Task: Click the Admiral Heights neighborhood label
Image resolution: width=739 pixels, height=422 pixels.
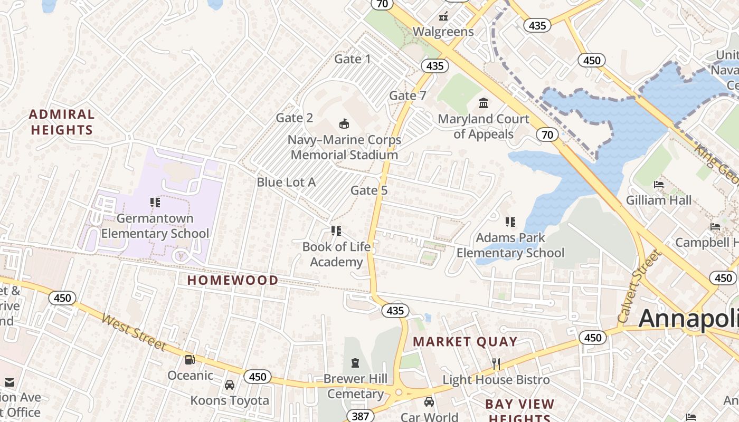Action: (62, 122)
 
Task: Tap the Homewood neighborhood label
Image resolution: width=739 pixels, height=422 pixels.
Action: (233, 280)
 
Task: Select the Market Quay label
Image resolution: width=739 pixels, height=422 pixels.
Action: (465, 341)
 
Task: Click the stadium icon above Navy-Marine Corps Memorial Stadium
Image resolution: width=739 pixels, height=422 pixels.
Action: (344, 123)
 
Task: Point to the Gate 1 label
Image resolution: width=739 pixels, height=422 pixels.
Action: (353, 59)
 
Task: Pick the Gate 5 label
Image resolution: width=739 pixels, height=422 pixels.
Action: (369, 190)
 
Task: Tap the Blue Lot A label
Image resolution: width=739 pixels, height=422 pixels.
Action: (286, 183)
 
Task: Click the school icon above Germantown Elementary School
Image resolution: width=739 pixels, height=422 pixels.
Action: (155, 202)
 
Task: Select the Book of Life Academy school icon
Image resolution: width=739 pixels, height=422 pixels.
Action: (336, 231)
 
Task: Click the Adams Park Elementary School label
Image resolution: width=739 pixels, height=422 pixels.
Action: (510, 245)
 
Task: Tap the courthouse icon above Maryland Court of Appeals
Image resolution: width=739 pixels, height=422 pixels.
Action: (484, 102)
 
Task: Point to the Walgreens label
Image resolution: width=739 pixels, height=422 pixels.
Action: (443, 32)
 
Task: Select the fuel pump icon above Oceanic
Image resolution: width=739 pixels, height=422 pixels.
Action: (190, 360)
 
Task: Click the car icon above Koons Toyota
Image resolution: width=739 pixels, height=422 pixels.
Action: (230, 385)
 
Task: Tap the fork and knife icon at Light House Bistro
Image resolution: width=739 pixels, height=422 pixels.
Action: (496, 363)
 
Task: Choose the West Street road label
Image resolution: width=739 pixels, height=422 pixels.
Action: (134, 332)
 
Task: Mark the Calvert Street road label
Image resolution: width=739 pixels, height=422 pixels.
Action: (639, 287)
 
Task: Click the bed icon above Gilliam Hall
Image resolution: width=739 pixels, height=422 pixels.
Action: (659, 184)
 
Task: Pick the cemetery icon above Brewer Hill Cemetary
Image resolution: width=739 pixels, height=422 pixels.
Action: (355, 362)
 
